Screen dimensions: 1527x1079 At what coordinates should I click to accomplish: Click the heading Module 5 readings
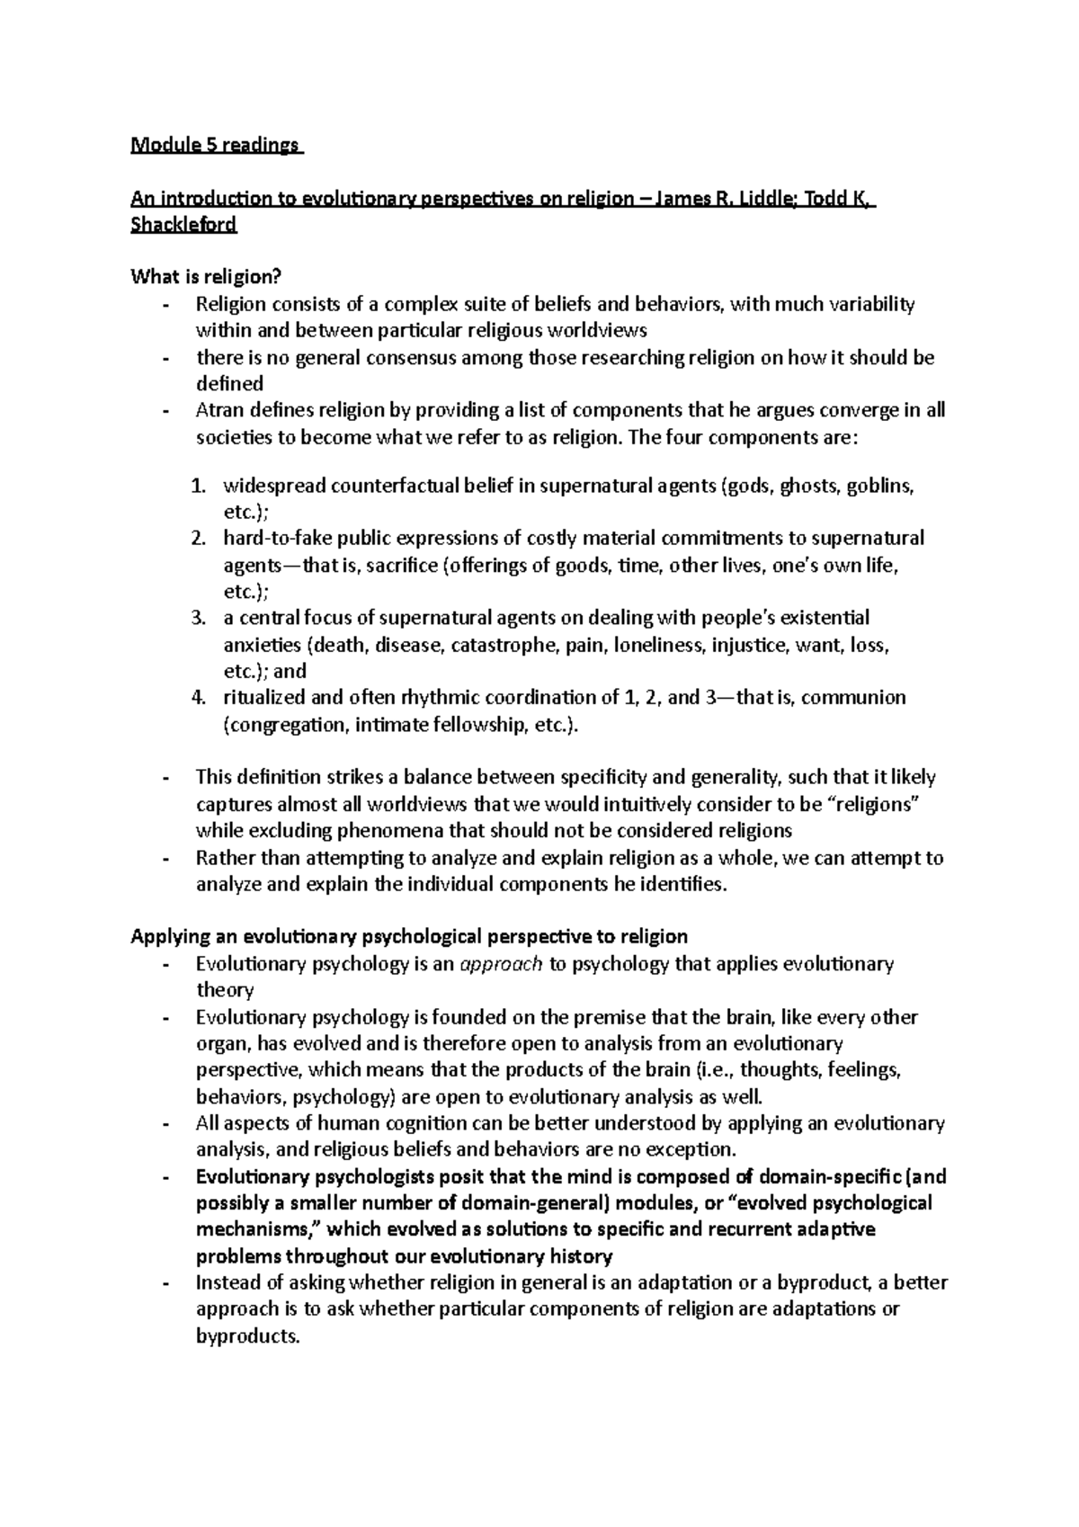point(216,145)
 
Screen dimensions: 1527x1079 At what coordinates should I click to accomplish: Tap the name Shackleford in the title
point(183,225)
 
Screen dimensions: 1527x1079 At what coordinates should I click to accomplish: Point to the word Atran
point(220,410)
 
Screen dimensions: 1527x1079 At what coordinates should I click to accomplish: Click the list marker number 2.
point(199,539)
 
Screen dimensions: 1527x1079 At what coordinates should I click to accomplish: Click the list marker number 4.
point(199,698)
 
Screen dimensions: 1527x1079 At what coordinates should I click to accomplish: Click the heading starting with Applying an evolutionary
point(409,936)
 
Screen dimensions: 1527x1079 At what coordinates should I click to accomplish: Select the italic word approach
point(501,964)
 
